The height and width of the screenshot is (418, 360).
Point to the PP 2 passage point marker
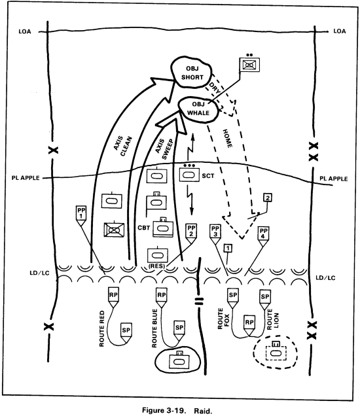(x=191, y=230)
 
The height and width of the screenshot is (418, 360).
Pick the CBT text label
(x=145, y=228)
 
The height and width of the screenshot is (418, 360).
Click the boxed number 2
(x=267, y=198)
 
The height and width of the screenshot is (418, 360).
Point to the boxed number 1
(x=227, y=248)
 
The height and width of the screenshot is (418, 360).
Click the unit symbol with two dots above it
(x=249, y=64)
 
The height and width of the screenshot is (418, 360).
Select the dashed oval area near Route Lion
(x=276, y=354)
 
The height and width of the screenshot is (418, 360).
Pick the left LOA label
(x=24, y=31)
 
